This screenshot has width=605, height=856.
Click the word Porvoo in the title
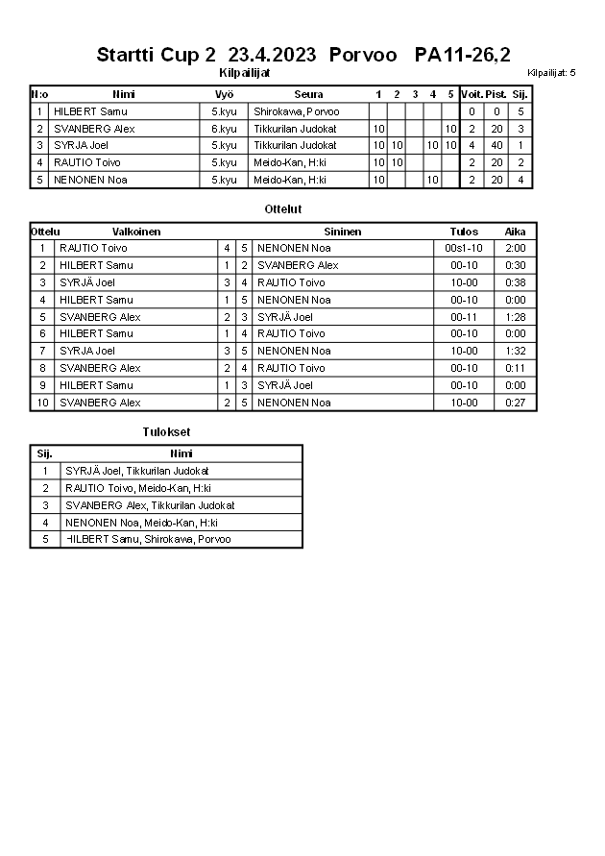point(363,55)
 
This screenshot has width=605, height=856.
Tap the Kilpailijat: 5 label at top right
point(551,73)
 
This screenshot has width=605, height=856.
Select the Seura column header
point(308,94)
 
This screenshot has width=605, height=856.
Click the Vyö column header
point(224,94)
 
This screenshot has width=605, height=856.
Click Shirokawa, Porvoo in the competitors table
point(296,111)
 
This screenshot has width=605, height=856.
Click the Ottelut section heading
point(282,208)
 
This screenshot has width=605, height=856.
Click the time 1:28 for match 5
point(516,317)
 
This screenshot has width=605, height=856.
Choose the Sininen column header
point(342,232)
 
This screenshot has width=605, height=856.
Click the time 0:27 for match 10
point(516,403)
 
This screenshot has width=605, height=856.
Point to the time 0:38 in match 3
point(516,282)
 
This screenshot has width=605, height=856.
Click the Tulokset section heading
point(166,432)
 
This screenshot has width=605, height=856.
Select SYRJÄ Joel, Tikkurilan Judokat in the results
point(137,471)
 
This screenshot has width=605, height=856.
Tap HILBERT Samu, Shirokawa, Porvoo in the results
point(148,540)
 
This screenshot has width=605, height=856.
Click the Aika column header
point(516,232)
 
